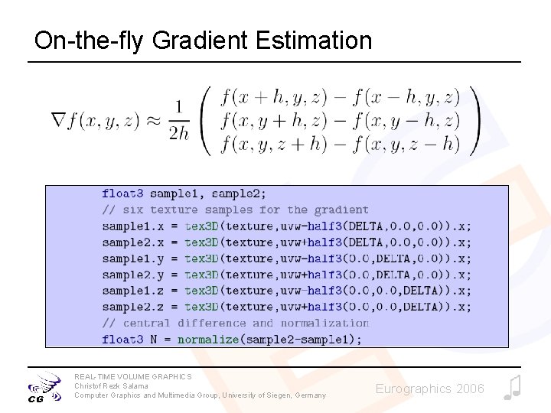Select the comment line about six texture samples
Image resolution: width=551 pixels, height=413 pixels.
(x=235, y=210)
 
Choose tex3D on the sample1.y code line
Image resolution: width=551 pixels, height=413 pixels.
(x=201, y=259)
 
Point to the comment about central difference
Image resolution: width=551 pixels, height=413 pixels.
(x=235, y=323)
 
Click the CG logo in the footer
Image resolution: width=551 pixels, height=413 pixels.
(x=45, y=386)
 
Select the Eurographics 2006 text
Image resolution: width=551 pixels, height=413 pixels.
(x=429, y=389)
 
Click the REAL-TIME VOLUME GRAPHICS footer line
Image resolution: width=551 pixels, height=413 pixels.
(x=133, y=376)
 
